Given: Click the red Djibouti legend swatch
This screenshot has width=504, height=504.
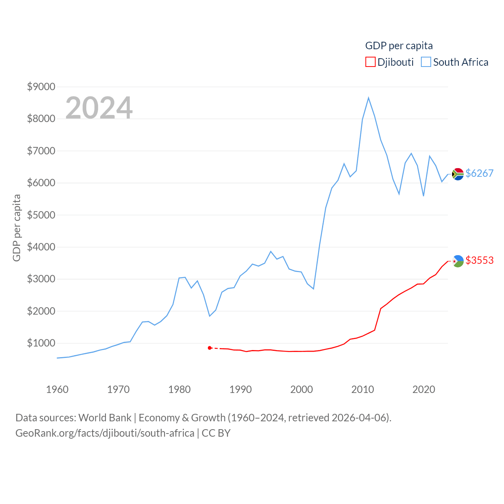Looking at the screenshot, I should pyautogui.click(x=370, y=62).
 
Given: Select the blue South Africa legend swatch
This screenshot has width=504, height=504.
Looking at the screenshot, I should pyautogui.click(x=426, y=62).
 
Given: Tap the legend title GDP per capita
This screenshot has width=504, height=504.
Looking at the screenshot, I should pyautogui.click(x=399, y=46).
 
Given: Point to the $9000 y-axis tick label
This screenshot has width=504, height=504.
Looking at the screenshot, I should pyautogui.click(x=41, y=87).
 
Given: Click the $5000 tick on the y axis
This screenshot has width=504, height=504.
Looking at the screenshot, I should pyautogui.click(x=41, y=215).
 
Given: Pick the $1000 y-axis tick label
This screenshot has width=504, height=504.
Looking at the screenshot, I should pyautogui.click(x=41, y=343).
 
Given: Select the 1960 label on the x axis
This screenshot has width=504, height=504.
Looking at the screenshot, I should pyautogui.click(x=57, y=389).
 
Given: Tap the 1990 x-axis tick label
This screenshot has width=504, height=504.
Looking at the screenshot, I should pyautogui.click(x=240, y=389).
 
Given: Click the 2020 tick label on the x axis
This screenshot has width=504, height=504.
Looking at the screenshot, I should pyautogui.click(x=424, y=389).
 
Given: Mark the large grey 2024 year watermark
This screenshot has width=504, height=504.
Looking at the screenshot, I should pyautogui.click(x=99, y=108).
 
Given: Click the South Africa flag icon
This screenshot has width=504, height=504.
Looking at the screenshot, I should pyautogui.click(x=458, y=174).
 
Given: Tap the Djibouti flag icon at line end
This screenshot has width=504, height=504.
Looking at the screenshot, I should pyautogui.click(x=458, y=261).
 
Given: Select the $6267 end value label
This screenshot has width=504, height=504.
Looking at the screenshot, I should pyautogui.click(x=479, y=173).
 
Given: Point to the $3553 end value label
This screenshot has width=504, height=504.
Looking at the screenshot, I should pyautogui.click(x=479, y=260).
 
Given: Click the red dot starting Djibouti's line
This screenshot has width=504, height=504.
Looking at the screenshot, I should pyautogui.click(x=210, y=348).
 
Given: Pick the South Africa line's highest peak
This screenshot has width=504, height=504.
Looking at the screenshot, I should pyautogui.click(x=369, y=98).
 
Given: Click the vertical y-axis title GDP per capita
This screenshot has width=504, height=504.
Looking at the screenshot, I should pyautogui.click(x=17, y=228).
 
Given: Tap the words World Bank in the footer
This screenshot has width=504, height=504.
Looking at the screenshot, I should pyautogui.click(x=105, y=417).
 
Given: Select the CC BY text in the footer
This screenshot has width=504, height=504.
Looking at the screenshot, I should pyautogui.click(x=216, y=433).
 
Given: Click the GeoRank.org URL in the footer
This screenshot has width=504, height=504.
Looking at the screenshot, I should pyautogui.click(x=105, y=433).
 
